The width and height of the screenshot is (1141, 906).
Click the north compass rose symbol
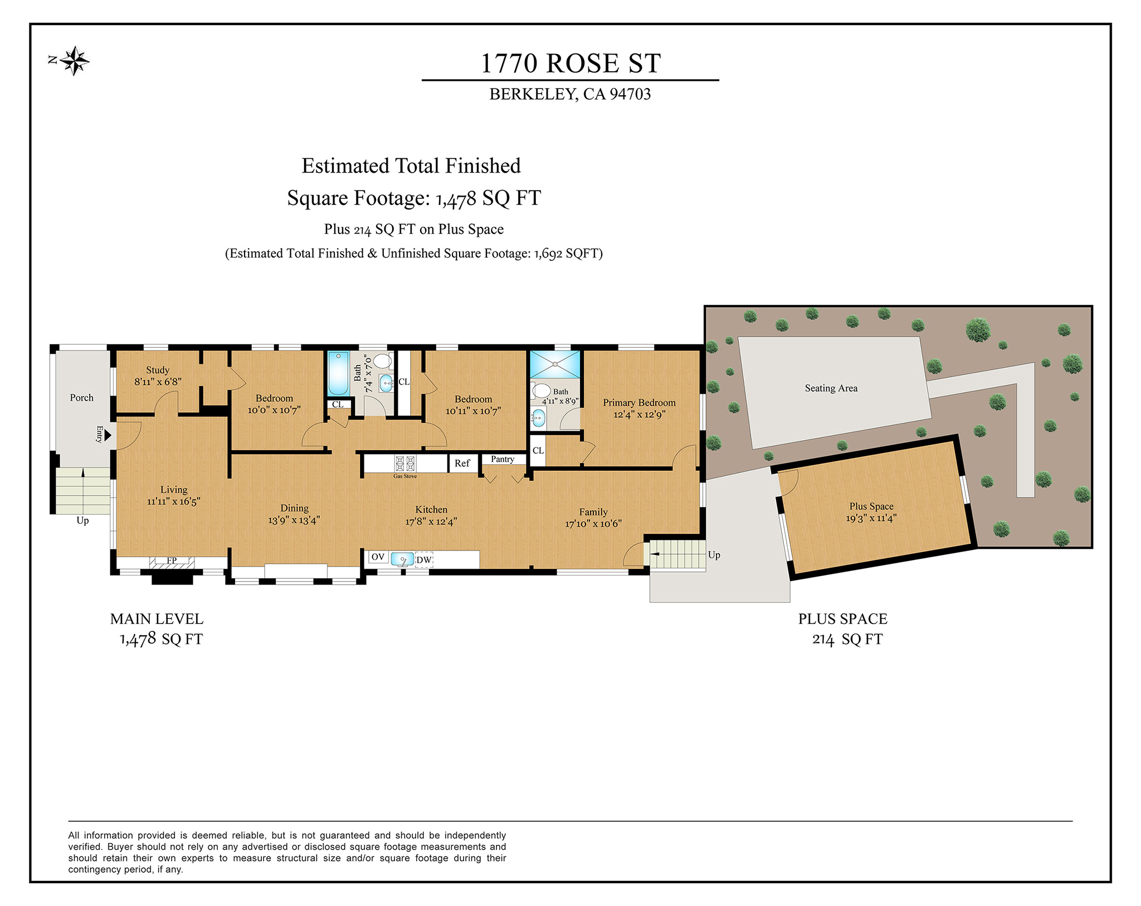coord(74,61)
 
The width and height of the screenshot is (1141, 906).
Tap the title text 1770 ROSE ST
coord(570,63)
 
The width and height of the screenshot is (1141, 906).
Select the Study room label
coord(158,370)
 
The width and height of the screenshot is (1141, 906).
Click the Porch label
coord(82,398)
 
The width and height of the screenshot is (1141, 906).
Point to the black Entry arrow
coord(108,435)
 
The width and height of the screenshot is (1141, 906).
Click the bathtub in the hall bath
coord(338,373)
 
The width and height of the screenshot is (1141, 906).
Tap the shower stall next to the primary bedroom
coord(555,364)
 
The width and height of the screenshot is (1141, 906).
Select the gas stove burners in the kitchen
coord(405,464)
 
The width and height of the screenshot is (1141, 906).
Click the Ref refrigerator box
coord(462,464)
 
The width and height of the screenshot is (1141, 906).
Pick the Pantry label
coord(503,459)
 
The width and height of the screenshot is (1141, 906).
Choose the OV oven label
coord(378,557)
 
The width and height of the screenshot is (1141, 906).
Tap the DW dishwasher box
coord(424,559)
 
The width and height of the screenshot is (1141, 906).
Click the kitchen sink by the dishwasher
coord(402,559)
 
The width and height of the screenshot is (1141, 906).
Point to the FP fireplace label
coord(172,561)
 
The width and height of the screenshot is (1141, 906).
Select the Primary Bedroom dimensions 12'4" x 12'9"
coord(640,415)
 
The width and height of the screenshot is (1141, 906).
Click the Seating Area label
coord(831,388)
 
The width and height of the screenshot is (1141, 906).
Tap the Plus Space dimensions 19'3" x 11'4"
coord(871,518)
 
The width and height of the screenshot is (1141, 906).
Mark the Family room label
coord(593,512)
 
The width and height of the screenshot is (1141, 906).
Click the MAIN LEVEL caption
coord(157,619)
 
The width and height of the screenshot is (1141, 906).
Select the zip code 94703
coord(630,94)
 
